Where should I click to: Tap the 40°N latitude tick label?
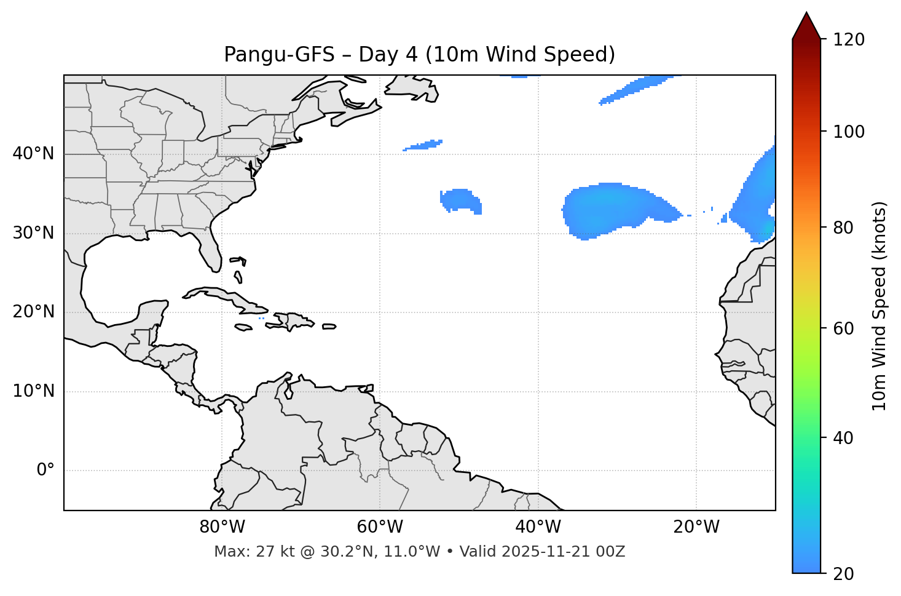tap(33, 154)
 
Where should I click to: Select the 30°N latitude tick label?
tap(33, 233)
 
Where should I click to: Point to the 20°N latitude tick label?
tap(33, 312)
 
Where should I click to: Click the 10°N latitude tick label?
tap(33, 391)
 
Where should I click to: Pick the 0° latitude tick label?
tap(45, 471)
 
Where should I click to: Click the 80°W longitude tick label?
tap(222, 527)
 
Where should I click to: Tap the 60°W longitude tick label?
tap(380, 527)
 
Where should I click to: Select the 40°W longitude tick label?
tap(538, 527)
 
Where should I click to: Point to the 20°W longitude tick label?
tap(696, 527)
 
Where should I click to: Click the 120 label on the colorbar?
tap(848, 39)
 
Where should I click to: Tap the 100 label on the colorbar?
tap(848, 132)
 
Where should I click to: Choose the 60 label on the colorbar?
tap(842, 328)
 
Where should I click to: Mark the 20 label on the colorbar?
tap(842, 574)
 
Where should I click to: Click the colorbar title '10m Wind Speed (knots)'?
tap(879, 306)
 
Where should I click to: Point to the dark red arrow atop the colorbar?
tap(806, 26)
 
